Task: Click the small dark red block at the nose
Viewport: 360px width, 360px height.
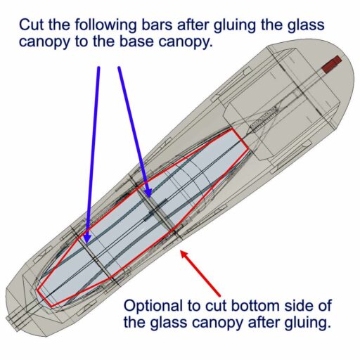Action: pos(331,64)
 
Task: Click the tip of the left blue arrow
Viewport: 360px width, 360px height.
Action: pos(87,243)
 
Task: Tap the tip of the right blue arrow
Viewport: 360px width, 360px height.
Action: pos(149,197)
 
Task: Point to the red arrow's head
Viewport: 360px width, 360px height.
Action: pos(181,251)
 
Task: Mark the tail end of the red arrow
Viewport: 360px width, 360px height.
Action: pos(220,295)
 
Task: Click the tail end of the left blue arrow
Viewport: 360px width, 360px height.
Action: pos(98,67)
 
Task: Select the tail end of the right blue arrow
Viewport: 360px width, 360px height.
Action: pos(119,67)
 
